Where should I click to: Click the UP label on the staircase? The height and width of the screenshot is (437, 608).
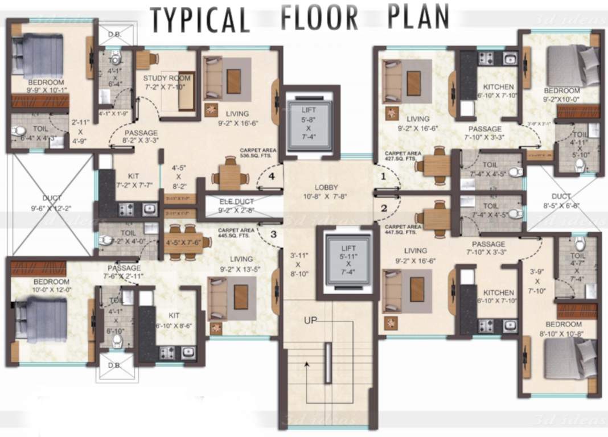point(310,321)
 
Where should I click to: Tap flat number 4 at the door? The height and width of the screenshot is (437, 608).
point(272,176)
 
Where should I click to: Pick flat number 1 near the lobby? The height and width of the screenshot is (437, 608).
point(383,176)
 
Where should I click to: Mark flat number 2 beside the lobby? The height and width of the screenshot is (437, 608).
point(384,208)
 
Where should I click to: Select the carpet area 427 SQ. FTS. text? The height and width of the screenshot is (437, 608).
point(403,156)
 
